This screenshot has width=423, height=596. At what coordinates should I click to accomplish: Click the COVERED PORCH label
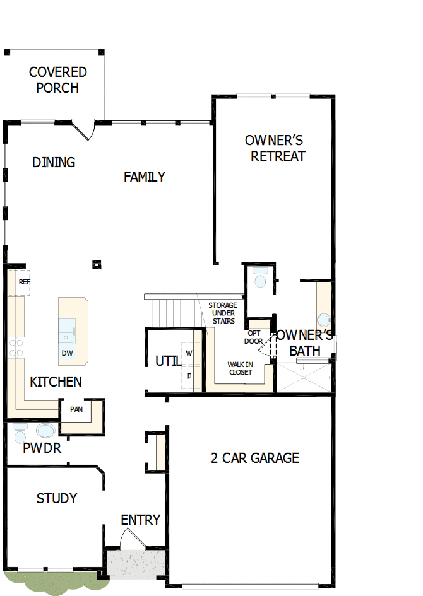point(57,80)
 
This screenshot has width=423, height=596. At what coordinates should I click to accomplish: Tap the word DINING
point(54,163)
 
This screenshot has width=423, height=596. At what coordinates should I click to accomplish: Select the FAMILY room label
point(144,177)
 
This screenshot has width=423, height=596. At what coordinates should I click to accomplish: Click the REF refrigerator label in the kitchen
point(24,282)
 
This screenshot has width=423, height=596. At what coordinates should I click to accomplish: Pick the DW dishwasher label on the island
point(67,353)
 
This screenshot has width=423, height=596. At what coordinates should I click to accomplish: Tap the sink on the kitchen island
point(66,329)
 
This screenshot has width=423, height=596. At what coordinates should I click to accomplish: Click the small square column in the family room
point(97,264)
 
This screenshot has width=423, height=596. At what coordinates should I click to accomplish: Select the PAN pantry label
point(76,409)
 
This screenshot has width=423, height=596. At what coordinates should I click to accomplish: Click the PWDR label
point(42,449)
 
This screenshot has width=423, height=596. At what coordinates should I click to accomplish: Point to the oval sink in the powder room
point(45,431)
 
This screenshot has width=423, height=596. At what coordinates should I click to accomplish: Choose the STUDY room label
point(57,499)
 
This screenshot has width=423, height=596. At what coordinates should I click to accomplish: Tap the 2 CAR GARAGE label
point(254,458)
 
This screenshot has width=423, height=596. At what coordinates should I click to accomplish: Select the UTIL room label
point(168,361)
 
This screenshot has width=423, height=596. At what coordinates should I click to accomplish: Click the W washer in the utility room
point(189,353)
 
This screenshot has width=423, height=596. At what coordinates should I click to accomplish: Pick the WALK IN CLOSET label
point(240,368)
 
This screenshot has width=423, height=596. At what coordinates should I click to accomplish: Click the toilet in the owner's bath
point(260,278)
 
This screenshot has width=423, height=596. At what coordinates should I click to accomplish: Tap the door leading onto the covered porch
point(84,129)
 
